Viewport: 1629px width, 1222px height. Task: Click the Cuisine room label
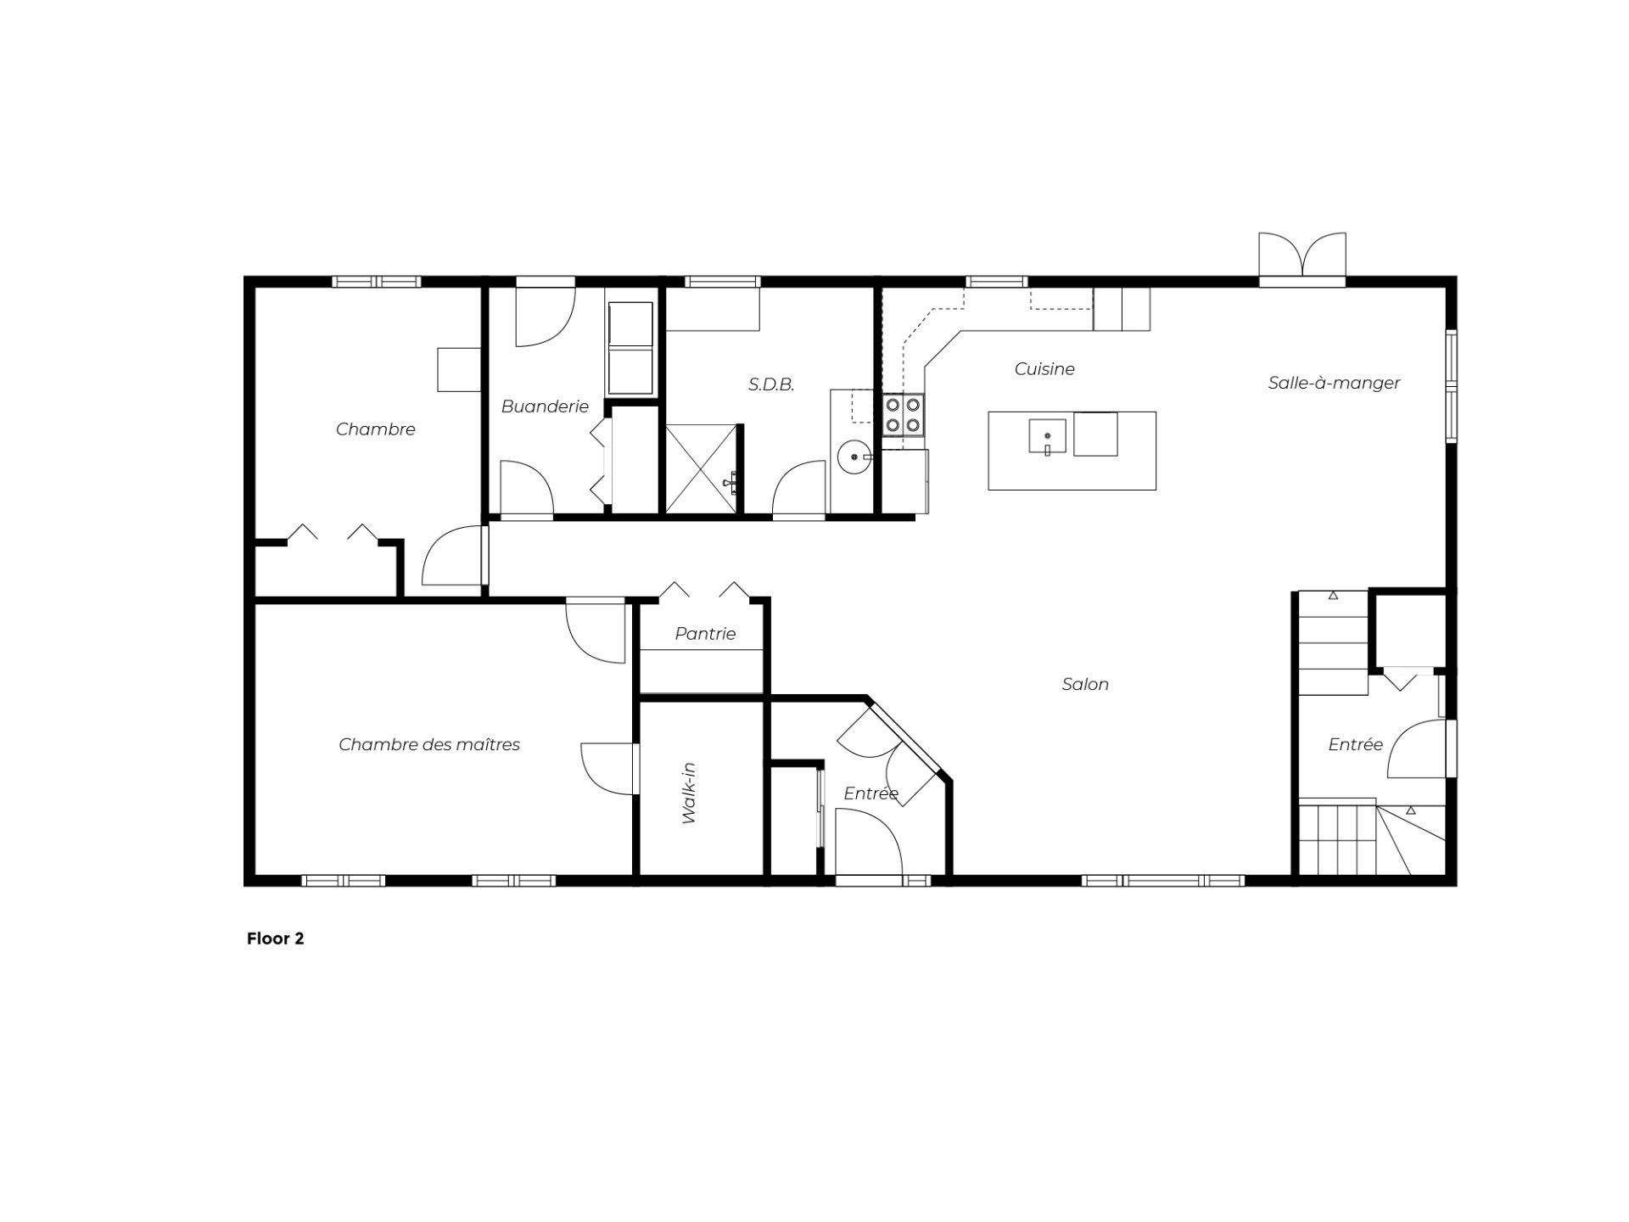click(x=1044, y=369)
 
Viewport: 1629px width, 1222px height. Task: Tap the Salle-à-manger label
click(x=1334, y=383)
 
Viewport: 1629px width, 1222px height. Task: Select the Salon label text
click(x=1085, y=684)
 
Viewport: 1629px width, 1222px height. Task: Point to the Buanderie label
click(x=545, y=406)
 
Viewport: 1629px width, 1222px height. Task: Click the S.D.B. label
click(x=771, y=384)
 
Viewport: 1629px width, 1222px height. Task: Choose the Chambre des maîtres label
click(x=429, y=744)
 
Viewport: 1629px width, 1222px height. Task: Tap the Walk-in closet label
click(x=688, y=793)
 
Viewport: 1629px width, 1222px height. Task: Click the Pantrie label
click(x=705, y=633)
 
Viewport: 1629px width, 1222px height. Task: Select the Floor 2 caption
click(x=275, y=939)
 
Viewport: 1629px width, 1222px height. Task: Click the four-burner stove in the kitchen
click(x=903, y=415)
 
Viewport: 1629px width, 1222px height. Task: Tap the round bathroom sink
click(x=852, y=457)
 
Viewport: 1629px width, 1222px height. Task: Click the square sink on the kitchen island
click(x=1048, y=436)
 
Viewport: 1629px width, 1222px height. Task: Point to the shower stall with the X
click(x=701, y=468)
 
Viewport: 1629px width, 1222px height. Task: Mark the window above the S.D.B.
click(x=722, y=282)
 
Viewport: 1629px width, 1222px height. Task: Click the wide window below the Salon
click(x=1162, y=881)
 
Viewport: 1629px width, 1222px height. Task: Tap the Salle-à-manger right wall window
click(x=1452, y=386)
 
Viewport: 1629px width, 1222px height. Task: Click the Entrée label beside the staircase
click(x=1356, y=744)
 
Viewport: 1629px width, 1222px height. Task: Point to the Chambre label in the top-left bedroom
click(x=376, y=429)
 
